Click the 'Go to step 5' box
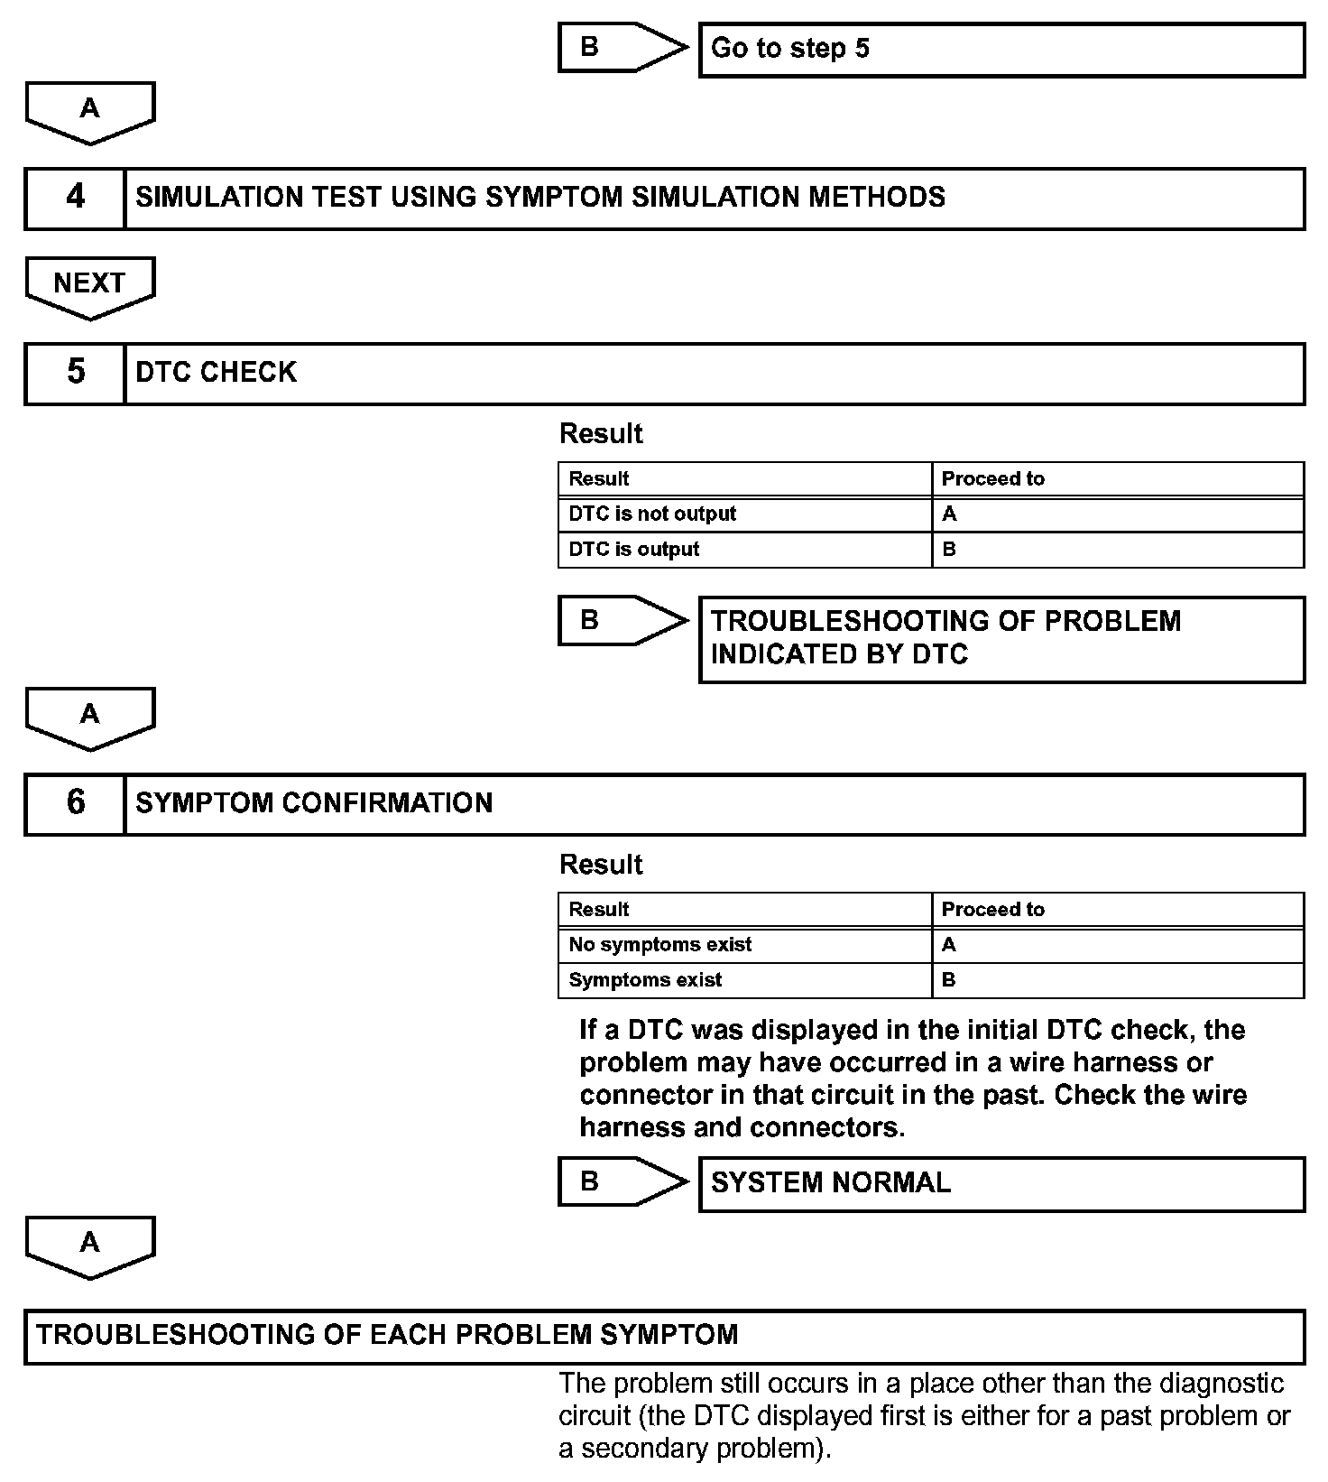coord(1001,50)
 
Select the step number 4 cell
coord(75,198)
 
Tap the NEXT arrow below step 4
coord(89,285)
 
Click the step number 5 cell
coord(75,373)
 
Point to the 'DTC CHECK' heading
coord(216,373)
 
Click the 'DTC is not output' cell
coord(744,514)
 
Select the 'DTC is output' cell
coord(744,550)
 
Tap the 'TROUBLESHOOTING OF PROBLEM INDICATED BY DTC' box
coord(1001,638)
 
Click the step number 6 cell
coord(75,803)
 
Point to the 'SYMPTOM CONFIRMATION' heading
coord(314,803)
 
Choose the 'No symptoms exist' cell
coord(744,945)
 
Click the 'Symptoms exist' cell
coord(744,980)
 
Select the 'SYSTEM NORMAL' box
coord(1001,1183)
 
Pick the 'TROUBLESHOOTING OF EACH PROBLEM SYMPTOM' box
coord(664,1336)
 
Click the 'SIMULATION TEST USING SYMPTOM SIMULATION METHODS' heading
coord(539,198)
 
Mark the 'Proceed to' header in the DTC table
coord(992,479)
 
